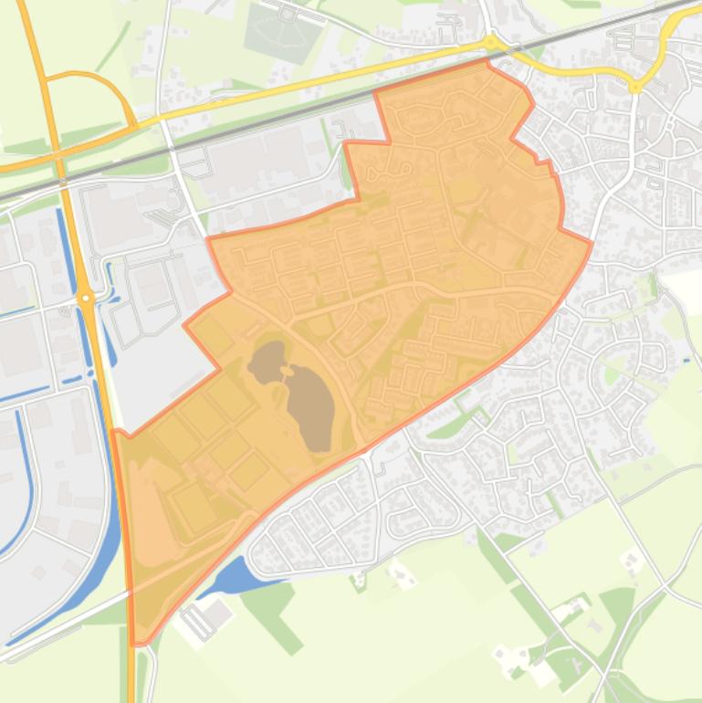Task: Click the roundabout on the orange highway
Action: click(x=85, y=297)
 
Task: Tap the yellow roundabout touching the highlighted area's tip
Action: click(x=491, y=42)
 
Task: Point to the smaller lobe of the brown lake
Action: click(x=266, y=358)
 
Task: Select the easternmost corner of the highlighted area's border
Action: click(x=592, y=242)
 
